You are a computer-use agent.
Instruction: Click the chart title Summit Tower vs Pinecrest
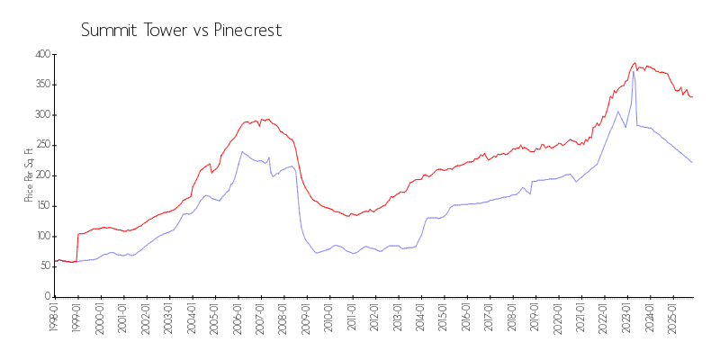[x=181, y=31]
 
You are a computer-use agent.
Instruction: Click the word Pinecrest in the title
[x=247, y=31]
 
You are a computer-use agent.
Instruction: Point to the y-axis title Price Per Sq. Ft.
[x=29, y=175]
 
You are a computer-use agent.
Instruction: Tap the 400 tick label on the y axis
[x=40, y=55]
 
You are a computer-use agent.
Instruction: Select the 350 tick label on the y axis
[x=40, y=85]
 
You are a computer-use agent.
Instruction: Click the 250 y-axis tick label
[x=40, y=145]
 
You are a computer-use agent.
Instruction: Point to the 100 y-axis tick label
[x=40, y=236]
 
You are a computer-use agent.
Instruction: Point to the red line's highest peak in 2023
[x=634, y=63]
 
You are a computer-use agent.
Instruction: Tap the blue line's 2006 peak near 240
[x=241, y=151]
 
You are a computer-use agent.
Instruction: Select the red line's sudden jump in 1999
[x=77, y=247]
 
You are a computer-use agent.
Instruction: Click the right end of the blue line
[x=692, y=162]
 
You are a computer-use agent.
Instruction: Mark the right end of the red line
[x=692, y=96]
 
